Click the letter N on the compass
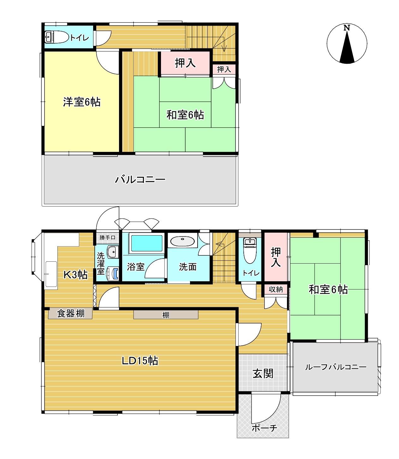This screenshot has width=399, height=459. tap(347, 28)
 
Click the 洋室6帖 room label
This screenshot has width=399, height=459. tap(82, 102)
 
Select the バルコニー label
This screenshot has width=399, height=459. tap(140, 180)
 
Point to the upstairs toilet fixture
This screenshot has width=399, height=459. tap(57, 37)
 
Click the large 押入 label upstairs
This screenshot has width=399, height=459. tap(185, 63)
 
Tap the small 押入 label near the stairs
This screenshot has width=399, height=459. tap(224, 69)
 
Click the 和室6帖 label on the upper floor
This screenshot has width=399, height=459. tap(185, 115)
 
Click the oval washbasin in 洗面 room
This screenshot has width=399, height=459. tap(182, 241)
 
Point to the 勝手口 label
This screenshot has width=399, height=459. tap(107, 237)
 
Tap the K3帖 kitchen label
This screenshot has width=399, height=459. tap(75, 275)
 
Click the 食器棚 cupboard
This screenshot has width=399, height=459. tap(70, 313)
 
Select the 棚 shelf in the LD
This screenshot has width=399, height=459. tap(166, 315)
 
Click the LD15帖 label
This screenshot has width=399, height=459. tap(140, 361)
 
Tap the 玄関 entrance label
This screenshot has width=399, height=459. tap(263, 373)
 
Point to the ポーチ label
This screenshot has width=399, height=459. tap(265, 428)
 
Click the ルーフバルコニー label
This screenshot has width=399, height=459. tap(336, 367)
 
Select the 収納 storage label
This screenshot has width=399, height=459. tap(276, 289)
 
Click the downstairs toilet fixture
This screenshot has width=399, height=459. tap(250, 251)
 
